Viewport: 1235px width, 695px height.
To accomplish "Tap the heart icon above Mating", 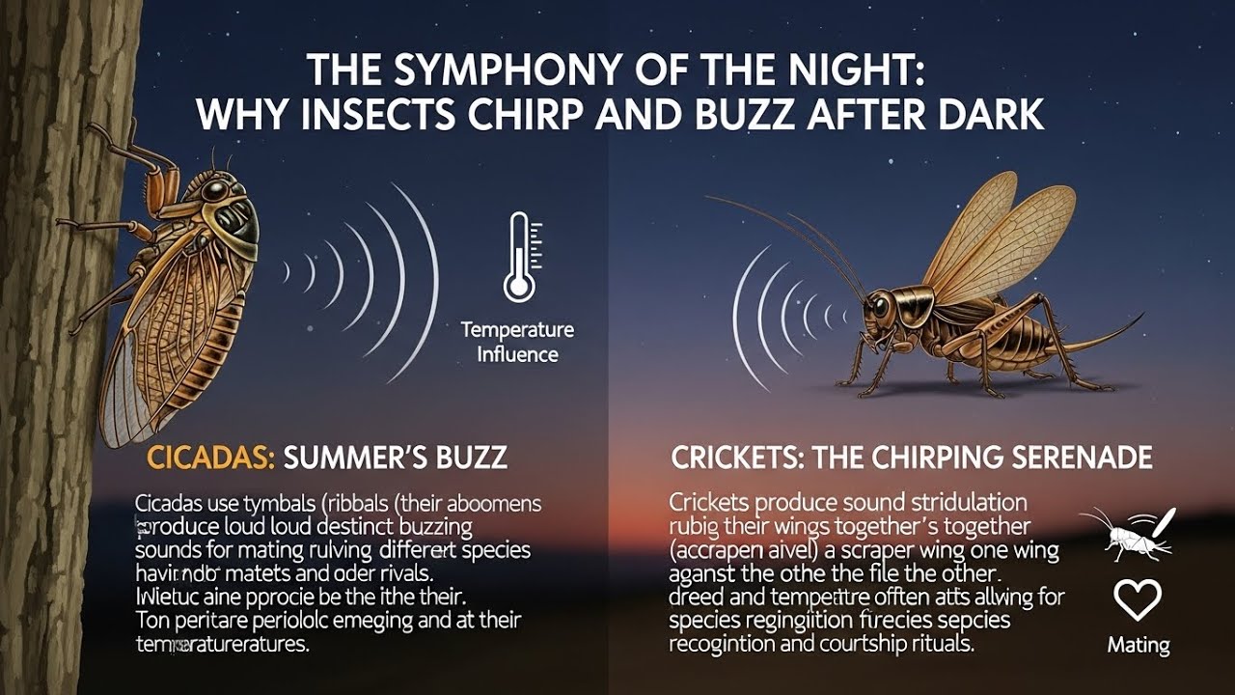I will (x=1137, y=600).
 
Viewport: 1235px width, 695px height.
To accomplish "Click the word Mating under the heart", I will (x=1138, y=645).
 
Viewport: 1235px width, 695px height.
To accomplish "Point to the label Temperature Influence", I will (x=517, y=342).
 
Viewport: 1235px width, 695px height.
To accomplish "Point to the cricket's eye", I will (x=880, y=307).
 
